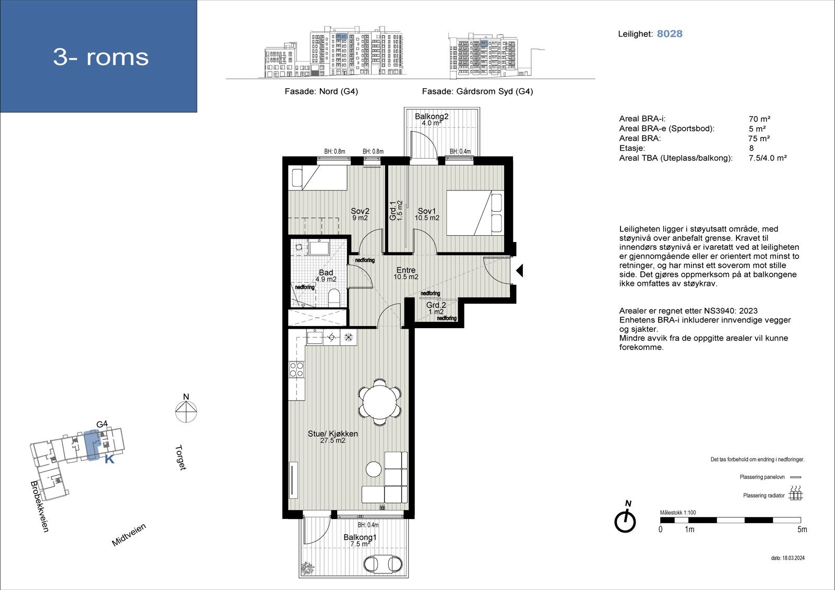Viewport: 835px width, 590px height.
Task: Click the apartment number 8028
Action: tap(670, 34)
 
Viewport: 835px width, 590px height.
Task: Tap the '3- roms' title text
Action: tap(101, 57)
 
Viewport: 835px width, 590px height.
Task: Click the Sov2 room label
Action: tap(360, 211)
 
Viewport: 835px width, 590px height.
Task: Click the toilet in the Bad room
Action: tap(334, 298)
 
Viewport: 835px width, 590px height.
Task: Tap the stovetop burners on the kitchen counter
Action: tap(296, 370)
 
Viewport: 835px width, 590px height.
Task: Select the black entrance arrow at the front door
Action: tap(519, 271)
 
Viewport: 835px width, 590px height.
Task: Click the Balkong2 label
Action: tap(432, 116)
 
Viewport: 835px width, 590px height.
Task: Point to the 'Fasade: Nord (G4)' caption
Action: tap(321, 91)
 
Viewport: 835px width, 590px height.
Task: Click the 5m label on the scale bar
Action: tap(802, 529)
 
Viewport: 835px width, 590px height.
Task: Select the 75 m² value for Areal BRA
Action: tap(759, 138)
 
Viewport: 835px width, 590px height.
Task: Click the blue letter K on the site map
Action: tap(110, 460)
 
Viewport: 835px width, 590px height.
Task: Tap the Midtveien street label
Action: tap(129, 535)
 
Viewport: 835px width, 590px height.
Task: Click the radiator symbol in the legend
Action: tap(795, 494)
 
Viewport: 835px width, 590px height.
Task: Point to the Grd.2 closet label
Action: tap(436, 305)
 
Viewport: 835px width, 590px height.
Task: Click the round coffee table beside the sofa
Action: tap(374, 469)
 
